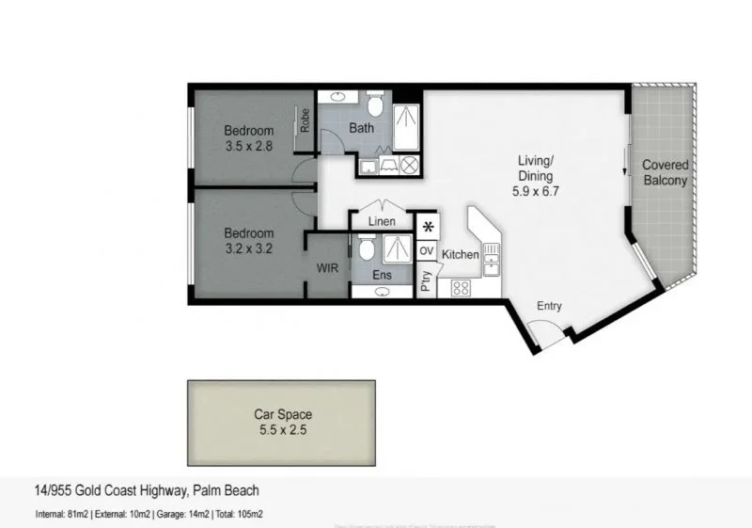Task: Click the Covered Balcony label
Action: tap(665, 173)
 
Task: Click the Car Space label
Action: tap(283, 414)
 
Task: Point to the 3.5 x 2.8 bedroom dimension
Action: tap(249, 147)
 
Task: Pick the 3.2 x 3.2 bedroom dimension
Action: tap(249, 249)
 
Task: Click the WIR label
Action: tap(327, 268)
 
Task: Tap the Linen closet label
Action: tap(381, 221)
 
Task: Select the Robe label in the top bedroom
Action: tap(305, 120)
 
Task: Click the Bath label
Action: tap(362, 128)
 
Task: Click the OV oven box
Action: tap(427, 251)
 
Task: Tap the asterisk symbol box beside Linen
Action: tap(428, 227)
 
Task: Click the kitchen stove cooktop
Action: tap(461, 287)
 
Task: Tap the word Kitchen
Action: tap(461, 255)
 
